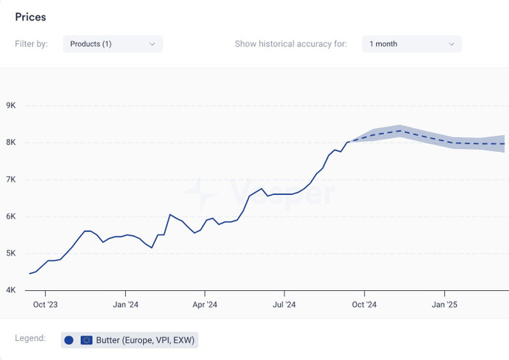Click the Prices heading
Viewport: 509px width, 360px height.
(x=31, y=17)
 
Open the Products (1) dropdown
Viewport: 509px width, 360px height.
(x=113, y=44)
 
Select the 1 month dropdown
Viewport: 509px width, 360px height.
(x=412, y=44)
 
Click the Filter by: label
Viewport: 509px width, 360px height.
(x=31, y=44)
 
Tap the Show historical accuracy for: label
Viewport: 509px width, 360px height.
(x=291, y=44)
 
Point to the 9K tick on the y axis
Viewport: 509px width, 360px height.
(x=11, y=105)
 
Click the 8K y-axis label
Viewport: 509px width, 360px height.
(x=11, y=143)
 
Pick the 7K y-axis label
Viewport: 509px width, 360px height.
(x=11, y=179)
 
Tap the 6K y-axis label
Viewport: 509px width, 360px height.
(x=11, y=216)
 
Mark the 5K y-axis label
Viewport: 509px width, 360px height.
(x=11, y=253)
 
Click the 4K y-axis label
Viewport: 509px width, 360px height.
(x=11, y=290)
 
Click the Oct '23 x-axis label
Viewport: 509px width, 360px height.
(x=45, y=305)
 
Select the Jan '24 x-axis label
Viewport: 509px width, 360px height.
(x=125, y=305)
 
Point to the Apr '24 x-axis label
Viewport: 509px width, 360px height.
(x=205, y=305)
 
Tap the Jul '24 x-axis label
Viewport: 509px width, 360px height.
(x=284, y=305)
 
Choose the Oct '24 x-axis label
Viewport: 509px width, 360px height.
(x=364, y=305)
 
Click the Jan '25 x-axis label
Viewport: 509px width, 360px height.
(x=444, y=305)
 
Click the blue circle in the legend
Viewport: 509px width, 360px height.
(x=69, y=340)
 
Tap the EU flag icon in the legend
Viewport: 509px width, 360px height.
(x=87, y=340)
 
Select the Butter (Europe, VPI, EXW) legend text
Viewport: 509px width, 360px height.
(x=145, y=340)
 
